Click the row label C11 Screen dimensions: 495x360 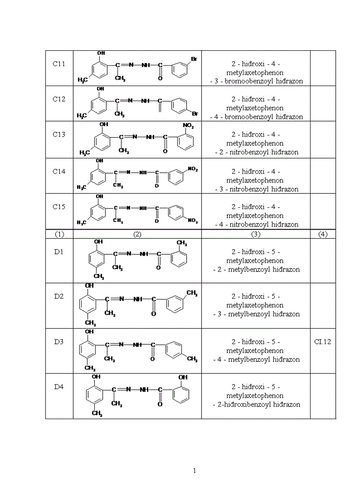click(x=59, y=64)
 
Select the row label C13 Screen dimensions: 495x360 click(x=59, y=134)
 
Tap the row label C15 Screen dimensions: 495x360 click(x=59, y=207)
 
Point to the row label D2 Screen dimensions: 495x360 click(x=59, y=296)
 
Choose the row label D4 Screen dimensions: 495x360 click(x=59, y=387)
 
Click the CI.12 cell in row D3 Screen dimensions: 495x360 click(x=322, y=342)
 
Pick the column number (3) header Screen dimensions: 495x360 click(x=255, y=234)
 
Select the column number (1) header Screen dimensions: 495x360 click(x=59, y=234)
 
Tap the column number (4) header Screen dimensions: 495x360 click(x=322, y=234)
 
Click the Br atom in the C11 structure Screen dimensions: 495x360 click(x=193, y=58)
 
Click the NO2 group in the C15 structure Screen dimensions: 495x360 click(x=193, y=221)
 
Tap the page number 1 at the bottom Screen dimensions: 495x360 click(x=195, y=471)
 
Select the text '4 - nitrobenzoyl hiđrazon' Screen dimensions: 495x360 click(x=255, y=224)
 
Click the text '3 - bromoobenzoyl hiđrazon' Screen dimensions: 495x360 click(x=256, y=81)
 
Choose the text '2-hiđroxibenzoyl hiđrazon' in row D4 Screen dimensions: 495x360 click(x=256, y=404)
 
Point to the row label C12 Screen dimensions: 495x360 click(x=59, y=99)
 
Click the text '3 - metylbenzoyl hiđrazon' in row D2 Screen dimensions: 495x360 click(x=256, y=314)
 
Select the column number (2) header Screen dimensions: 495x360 click(x=137, y=234)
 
